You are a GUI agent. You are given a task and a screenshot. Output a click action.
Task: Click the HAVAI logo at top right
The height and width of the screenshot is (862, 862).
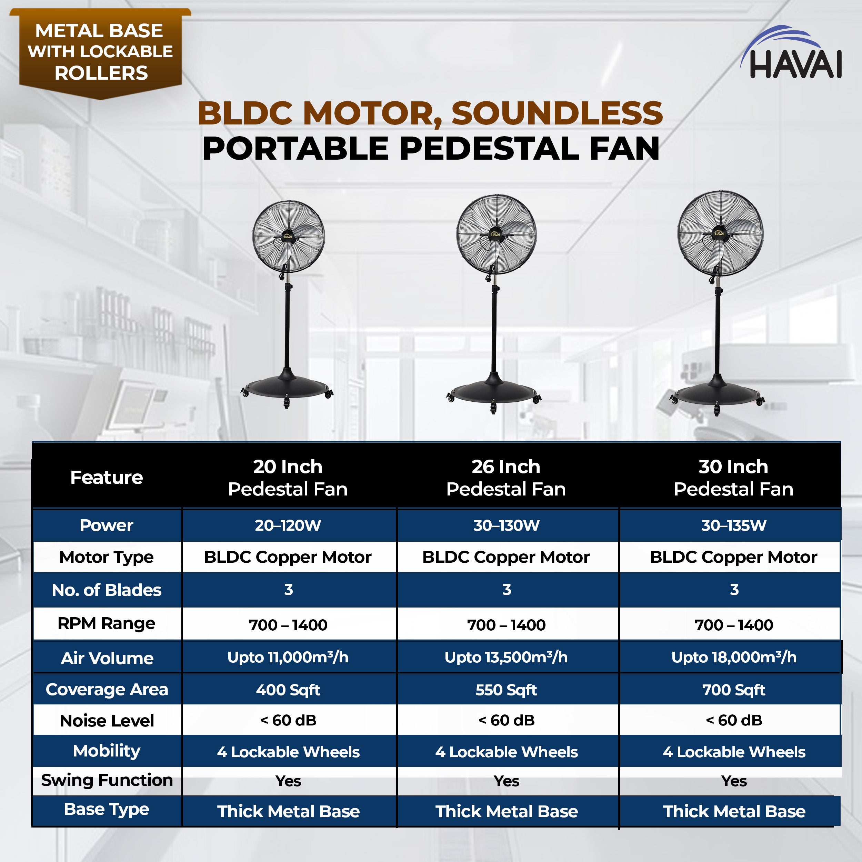[x=791, y=56]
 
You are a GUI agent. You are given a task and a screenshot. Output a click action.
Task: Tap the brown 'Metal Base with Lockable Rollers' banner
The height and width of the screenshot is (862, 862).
[x=100, y=52]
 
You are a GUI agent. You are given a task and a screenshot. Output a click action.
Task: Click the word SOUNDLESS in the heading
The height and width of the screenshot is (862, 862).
[x=557, y=113]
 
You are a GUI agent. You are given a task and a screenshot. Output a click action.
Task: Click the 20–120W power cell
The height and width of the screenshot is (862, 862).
[x=288, y=525]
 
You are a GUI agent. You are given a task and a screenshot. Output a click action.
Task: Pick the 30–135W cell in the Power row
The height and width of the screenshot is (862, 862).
[x=733, y=525]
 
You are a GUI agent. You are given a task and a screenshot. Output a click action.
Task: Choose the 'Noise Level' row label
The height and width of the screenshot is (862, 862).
[x=107, y=721]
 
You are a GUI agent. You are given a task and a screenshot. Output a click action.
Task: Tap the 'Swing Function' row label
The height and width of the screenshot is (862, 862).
[x=107, y=780]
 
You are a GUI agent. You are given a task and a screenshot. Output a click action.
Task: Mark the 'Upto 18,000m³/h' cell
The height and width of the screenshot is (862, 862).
[x=733, y=657]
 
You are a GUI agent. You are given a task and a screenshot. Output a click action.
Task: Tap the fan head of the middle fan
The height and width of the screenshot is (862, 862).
[x=496, y=234]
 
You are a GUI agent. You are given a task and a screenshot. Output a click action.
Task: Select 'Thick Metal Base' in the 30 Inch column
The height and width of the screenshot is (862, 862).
[x=733, y=811]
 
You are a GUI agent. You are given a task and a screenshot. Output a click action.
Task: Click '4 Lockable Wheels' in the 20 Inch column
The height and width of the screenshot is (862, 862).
[x=288, y=752]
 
